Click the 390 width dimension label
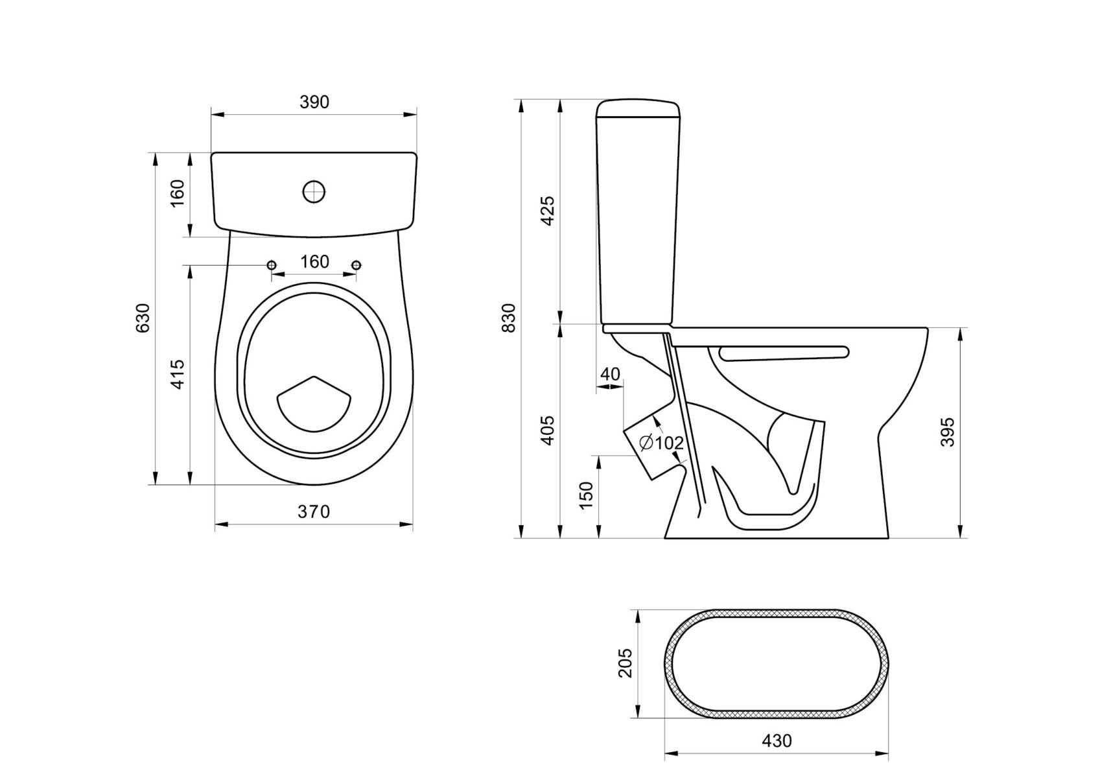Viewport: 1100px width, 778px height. pyautogui.click(x=314, y=102)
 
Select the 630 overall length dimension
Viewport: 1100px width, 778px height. pyautogui.click(x=143, y=318)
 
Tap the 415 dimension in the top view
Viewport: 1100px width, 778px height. pyautogui.click(x=178, y=373)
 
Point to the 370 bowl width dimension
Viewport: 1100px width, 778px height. pyautogui.click(x=314, y=512)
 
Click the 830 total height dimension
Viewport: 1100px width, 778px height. pyautogui.click(x=509, y=318)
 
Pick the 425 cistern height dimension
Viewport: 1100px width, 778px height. pyautogui.click(x=548, y=210)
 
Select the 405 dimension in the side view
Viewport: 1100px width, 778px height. pyautogui.click(x=548, y=430)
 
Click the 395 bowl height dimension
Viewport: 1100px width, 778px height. pyautogui.click(x=947, y=432)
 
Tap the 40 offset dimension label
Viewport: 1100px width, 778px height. pyautogui.click(x=610, y=374)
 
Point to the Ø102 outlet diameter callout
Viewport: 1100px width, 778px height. pyautogui.click(x=661, y=443)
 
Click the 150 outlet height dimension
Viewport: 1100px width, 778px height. pyautogui.click(x=586, y=496)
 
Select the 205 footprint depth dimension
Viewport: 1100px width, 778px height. pyautogui.click(x=625, y=663)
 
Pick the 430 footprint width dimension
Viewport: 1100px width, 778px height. pyautogui.click(x=777, y=740)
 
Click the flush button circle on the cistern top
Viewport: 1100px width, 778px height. pyautogui.click(x=314, y=191)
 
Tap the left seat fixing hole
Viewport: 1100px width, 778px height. pyautogui.click(x=272, y=265)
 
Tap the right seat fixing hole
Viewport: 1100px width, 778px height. pyautogui.click(x=356, y=265)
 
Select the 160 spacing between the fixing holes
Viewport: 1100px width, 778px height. pyautogui.click(x=314, y=262)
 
